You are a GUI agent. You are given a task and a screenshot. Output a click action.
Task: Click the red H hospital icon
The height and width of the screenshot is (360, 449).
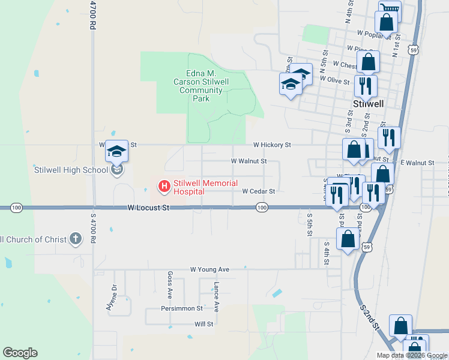(163, 187)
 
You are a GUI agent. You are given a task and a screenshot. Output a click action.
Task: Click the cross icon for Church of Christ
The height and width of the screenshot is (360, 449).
(75, 239)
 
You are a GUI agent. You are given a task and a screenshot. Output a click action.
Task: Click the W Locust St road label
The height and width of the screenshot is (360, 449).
(149, 208)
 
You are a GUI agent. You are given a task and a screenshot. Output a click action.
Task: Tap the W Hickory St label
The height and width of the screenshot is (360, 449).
(271, 145)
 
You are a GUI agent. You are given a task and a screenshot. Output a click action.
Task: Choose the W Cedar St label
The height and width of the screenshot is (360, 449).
(258, 191)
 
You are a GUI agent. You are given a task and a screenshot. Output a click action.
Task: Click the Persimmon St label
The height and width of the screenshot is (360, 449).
(182, 308)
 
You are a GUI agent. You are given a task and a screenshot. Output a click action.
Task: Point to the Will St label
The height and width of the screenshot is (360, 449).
(204, 324)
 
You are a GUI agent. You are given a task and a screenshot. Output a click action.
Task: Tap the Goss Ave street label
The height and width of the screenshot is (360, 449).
(170, 285)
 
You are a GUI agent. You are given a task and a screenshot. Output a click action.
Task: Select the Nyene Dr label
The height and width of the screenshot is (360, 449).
(111, 296)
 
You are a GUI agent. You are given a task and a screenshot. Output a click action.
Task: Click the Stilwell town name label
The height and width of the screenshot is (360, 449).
(369, 103)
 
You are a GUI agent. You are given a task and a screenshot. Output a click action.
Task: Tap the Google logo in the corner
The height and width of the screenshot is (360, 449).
(20, 353)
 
